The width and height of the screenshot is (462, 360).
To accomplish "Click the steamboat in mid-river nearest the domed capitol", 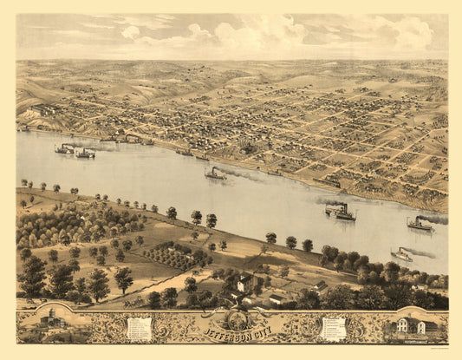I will pos(214,174).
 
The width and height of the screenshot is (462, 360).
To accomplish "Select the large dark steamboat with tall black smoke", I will pos(341,211).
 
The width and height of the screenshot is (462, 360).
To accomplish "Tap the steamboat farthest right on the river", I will pos(420,224).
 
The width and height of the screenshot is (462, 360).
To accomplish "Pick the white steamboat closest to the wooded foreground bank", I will pos(402,254).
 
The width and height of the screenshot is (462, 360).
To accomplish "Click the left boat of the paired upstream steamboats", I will pos(64,149).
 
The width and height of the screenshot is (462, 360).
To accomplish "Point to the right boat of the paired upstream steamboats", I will pos(85,154).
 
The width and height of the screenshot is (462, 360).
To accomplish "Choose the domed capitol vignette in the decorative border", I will pos(53,322).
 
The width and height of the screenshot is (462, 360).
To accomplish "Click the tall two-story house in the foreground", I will pos(245,283).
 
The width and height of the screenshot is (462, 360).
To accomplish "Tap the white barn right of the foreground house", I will pos(279,298).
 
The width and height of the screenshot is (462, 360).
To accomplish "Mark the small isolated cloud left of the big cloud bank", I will pos(130,32).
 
